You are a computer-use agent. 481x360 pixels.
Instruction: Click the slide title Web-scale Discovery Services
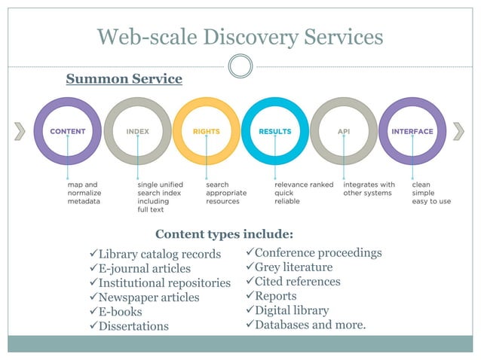coord(240,35)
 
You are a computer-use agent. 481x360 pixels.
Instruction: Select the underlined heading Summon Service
coord(124,78)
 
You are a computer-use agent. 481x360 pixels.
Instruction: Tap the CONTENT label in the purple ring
coord(68,131)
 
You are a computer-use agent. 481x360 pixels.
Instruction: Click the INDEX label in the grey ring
coord(137,131)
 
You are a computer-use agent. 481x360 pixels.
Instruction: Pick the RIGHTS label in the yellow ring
coord(206,131)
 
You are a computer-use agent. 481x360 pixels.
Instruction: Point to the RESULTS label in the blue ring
coord(274,131)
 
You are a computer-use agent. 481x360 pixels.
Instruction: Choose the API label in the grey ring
coord(343,131)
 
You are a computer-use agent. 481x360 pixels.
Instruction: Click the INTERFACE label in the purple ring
coord(412,131)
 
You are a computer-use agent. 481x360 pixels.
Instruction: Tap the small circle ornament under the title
coord(240,66)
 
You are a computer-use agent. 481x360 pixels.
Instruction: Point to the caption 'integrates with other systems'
coord(369,188)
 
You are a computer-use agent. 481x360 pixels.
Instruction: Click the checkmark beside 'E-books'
coord(93,311)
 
